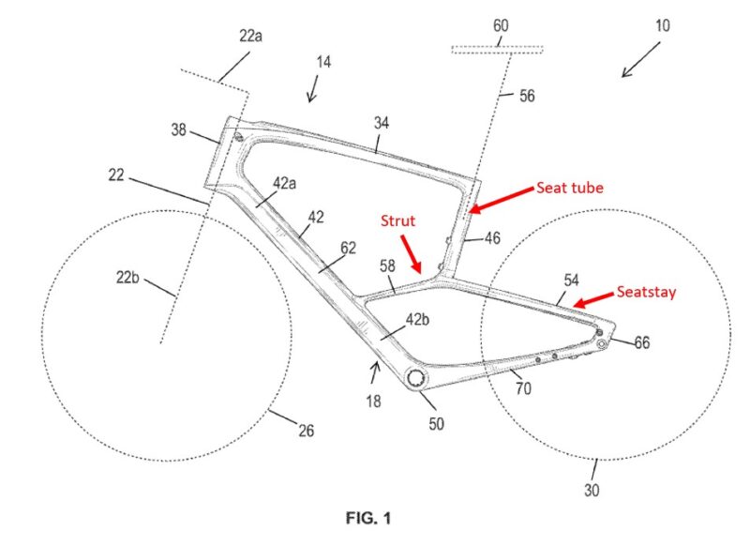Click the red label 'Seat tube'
pyautogui.click(x=570, y=188)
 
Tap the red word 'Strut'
pyautogui.click(x=397, y=220)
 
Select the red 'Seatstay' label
pyautogui.click(x=646, y=292)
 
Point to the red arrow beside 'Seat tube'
pyautogui.click(x=502, y=200)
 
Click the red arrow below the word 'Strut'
pyautogui.click(x=411, y=254)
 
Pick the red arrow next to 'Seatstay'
pyautogui.click(x=593, y=299)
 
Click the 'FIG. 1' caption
pyautogui.click(x=368, y=518)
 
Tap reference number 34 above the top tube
pyautogui.click(x=382, y=123)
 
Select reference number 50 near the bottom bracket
pyautogui.click(x=436, y=423)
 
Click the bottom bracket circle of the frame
pyautogui.click(x=415, y=378)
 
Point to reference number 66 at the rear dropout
pyautogui.click(x=642, y=342)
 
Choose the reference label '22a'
pyautogui.click(x=250, y=36)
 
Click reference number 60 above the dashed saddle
pyautogui.click(x=501, y=25)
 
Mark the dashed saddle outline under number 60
pyautogui.click(x=498, y=50)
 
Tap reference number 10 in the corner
pyautogui.click(x=663, y=25)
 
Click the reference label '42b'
pyautogui.click(x=417, y=319)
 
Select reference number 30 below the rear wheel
pyautogui.click(x=592, y=490)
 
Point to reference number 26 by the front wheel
pyautogui.click(x=307, y=431)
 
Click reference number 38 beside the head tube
pyautogui.click(x=179, y=129)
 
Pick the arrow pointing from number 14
pyautogui.click(x=313, y=88)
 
